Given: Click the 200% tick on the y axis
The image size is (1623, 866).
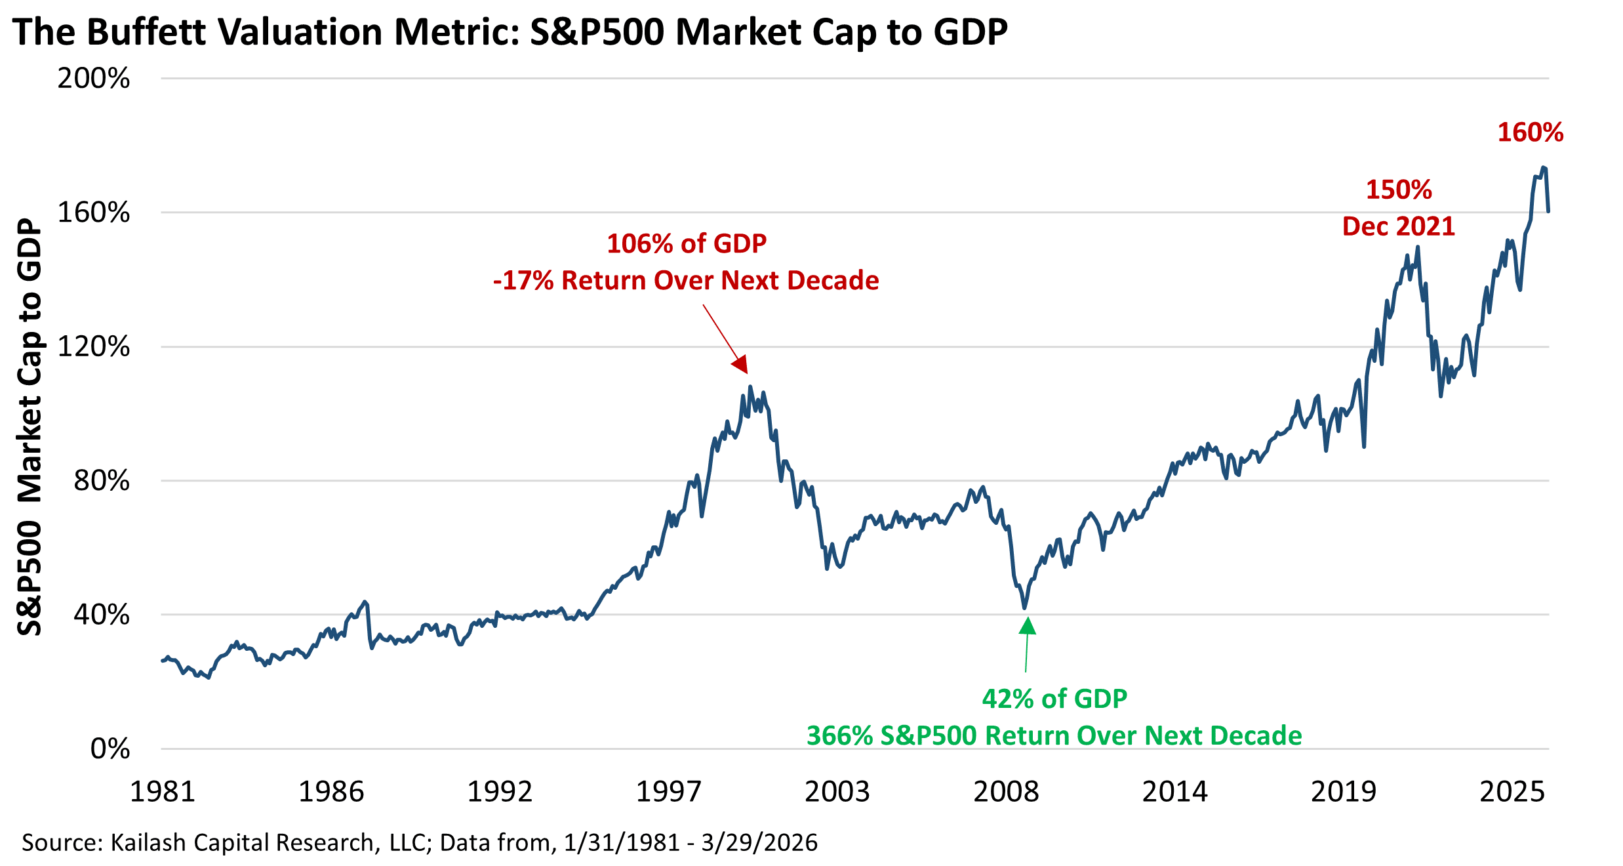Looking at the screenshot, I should [x=94, y=79].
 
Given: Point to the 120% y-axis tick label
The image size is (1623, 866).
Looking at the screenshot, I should [x=94, y=346].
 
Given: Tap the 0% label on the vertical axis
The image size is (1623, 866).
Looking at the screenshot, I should [x=110, y=749].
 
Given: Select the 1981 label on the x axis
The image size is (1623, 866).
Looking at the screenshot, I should [x=163, y=792].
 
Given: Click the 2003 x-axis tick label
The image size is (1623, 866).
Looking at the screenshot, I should [x=837, y=792].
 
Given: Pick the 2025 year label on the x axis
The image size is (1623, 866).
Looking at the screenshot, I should [x=1512, y=792].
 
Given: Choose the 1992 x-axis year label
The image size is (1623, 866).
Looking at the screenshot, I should [x=500, y=792].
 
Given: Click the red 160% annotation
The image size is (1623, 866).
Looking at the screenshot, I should [x=1531, y=133].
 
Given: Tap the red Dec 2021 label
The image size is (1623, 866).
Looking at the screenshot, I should [x=1399, y=227].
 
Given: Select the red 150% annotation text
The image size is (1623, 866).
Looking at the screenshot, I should [x=1399, y=190].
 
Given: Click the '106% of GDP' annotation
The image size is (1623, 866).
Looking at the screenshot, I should [x=687, y=244].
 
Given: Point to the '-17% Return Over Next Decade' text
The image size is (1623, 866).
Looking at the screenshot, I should [x=686, y=281].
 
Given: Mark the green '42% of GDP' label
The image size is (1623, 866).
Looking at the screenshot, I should [x=1054, y=699].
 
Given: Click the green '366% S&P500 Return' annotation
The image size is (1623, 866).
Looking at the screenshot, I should [x=1054, y=736].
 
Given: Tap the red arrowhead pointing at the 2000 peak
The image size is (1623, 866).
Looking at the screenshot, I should [x=740, y=364].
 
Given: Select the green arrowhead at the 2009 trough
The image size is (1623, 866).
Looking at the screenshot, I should [x=1028, y=627].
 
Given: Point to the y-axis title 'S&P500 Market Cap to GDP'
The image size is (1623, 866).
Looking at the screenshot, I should [x=30, y=426].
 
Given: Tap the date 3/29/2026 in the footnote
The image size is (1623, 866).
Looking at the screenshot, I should [x=759, y=842].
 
